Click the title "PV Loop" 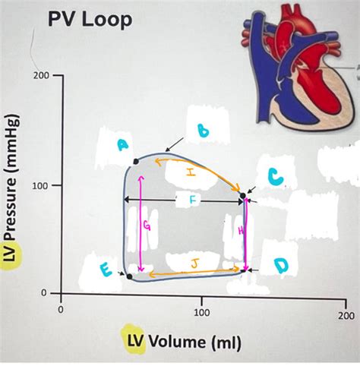tap(90, 20)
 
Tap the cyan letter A tap(122, 146)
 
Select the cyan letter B tap(203, 131)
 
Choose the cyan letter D tap(281, 266)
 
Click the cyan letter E tap(106, 270)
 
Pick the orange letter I tap(191, 172)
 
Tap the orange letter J tap(194, 263)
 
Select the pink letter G tap(147, 226)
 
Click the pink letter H tap(241, 230)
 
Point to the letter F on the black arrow tap(193, 200)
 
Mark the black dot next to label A tap(136, 161)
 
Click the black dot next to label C tap(243, 196)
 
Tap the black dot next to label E tap(129, 276)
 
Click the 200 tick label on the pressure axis tap(41, 75)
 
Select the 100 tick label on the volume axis tap(202, 313)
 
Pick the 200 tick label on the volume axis tap(346, 315)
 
